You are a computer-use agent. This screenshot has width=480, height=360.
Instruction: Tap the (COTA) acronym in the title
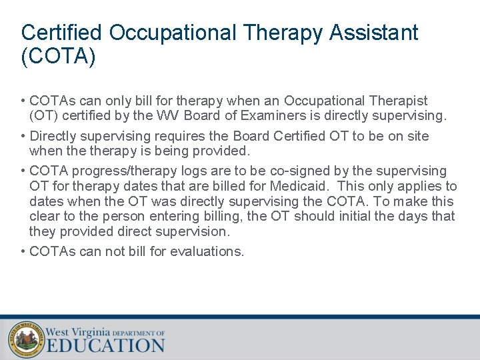[59, 56]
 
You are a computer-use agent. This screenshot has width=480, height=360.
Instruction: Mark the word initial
[359, 216]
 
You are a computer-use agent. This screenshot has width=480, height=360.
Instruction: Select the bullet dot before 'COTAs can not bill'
[23, 251]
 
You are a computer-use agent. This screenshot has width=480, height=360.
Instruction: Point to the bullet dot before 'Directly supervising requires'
[23, 136]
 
